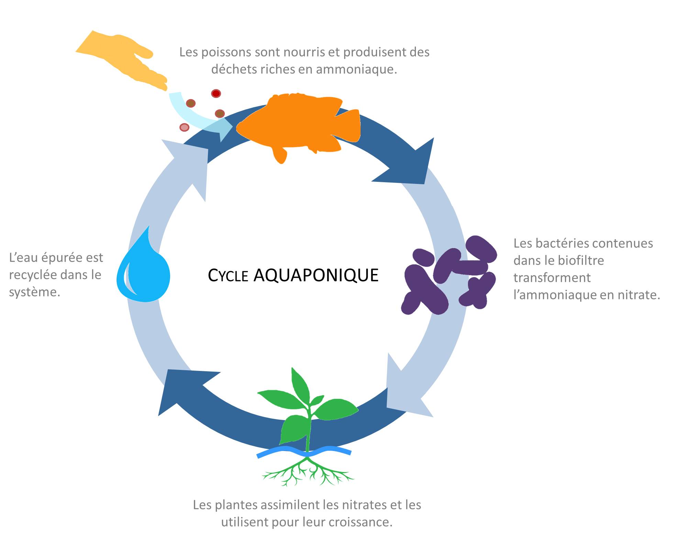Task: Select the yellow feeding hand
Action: click(120, 58)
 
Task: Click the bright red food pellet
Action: click(216, 93)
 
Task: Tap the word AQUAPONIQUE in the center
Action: click(316, 275)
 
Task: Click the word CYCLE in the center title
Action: click(228, 276)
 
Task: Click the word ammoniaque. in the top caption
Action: click(356, 69)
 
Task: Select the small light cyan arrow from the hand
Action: click(198, 115)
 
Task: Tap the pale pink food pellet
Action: click(185, 128)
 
